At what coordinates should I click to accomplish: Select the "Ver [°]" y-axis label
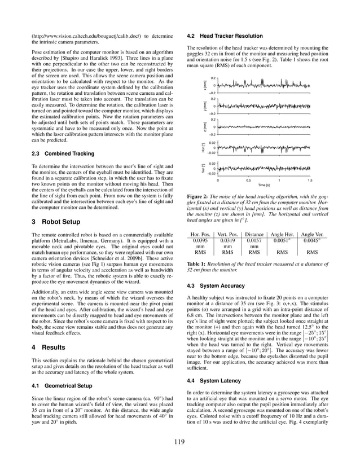click(x=205, y=169)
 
